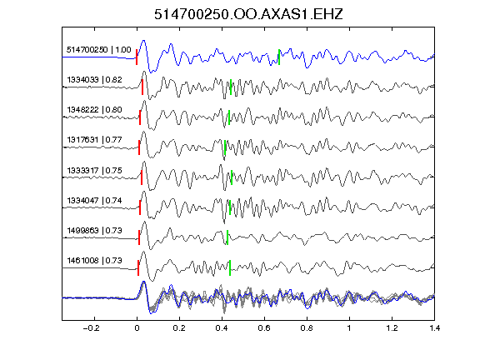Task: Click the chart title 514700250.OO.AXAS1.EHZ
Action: [x=248, y=14]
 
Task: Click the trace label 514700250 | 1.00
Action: [x=99, y=50]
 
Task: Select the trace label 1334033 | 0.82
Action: [x=94, y=80]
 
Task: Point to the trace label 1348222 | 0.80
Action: [x=94, y=110]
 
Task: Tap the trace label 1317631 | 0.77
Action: [x=94, y=140]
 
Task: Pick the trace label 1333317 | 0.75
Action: [x=94, y=170]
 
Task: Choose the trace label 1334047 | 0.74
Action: [x=94, y=200]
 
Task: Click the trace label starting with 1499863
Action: [x=94, y=230]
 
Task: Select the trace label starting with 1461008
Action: [x=94, y=260]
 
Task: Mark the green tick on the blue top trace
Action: [x=279, y=57]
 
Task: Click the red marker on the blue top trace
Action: [x=137, y=57]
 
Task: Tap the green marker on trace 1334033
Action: [x=231, y=87]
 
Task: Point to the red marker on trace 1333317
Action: [x=142, y=177]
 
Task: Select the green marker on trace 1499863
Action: [x=227, y=237]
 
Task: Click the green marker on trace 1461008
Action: [x=230, y=267]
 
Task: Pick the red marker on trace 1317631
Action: [x=139, y=147]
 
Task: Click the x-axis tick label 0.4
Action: [x=222, y=328]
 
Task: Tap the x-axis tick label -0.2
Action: [x=91, y=328]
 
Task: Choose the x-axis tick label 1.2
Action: [x=392, y=328]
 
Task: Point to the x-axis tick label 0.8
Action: [x=307, y=328]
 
